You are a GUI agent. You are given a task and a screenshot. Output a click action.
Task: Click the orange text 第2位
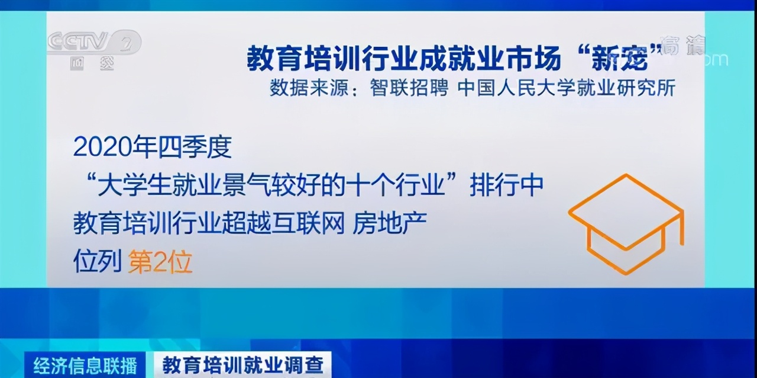click(x=160, y=261)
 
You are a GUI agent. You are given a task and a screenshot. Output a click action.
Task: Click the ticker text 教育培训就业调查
click(x=242, y=364)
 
